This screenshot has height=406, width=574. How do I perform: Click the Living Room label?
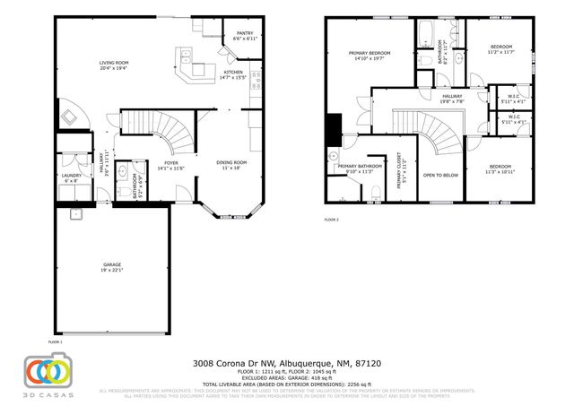pos(114,62)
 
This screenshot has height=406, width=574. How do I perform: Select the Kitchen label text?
pos(233,73)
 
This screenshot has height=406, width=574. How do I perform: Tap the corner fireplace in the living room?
pos(72,117)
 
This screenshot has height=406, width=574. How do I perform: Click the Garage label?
pos(111,264)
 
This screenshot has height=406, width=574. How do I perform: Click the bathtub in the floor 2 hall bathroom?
pos(424,38)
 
